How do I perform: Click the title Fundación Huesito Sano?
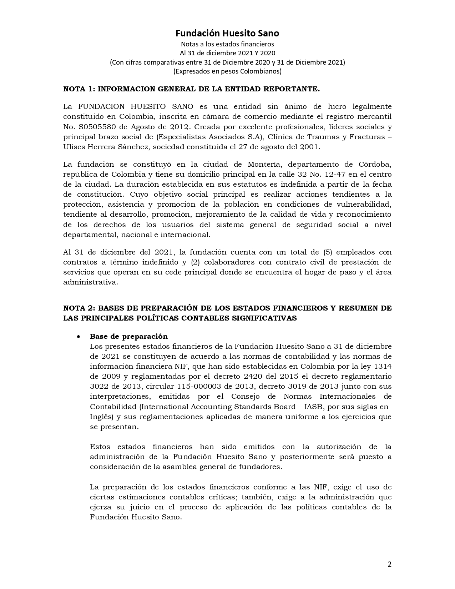[227, 33]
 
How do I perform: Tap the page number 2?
[389, 564]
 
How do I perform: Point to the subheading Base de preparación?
[128, 336]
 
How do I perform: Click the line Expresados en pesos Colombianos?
[227, 71]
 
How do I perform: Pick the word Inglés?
[101, 417]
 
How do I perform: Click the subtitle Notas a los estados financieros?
[227, 44]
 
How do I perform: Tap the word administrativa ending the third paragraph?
[90, 282]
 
